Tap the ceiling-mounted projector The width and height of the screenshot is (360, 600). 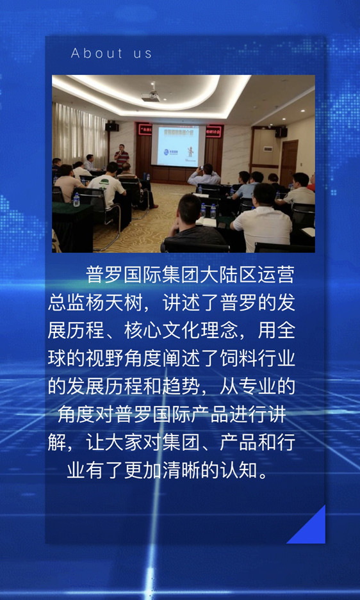(x=151, y=96)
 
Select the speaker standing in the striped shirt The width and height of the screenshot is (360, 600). (x=121, y=156)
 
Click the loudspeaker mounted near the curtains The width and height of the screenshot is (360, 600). (x=112, y=127)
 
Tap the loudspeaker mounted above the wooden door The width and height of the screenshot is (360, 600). (x=281, y=132)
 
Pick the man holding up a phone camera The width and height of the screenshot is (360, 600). (x=204, y=175)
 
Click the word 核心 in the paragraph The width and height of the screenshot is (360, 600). (x=143, y=332)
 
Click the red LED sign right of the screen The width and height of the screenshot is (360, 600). (x=214, y=131)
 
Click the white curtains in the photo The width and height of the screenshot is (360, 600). (x=79, y=134)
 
